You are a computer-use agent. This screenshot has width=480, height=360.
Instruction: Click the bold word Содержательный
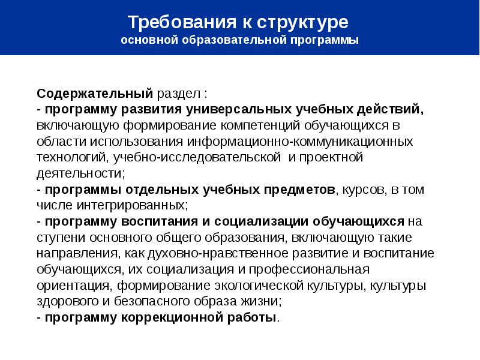pos(96,94)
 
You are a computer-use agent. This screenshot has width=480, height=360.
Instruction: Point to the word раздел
pos(179,94)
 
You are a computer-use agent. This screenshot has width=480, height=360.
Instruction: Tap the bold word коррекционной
pos(176,317)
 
